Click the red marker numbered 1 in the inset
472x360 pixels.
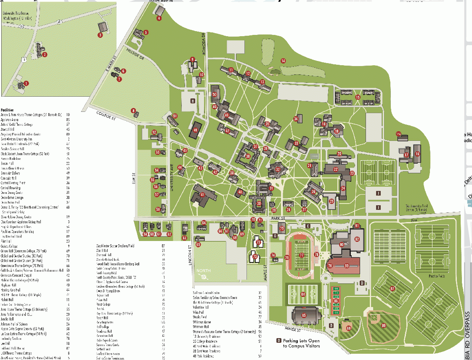26,83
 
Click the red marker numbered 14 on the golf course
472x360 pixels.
283,61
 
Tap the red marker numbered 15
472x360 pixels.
358,98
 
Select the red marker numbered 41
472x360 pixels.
202,195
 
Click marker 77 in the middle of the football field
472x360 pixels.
301,255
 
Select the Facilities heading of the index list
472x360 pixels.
7,110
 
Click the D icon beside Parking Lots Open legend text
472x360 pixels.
278,341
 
